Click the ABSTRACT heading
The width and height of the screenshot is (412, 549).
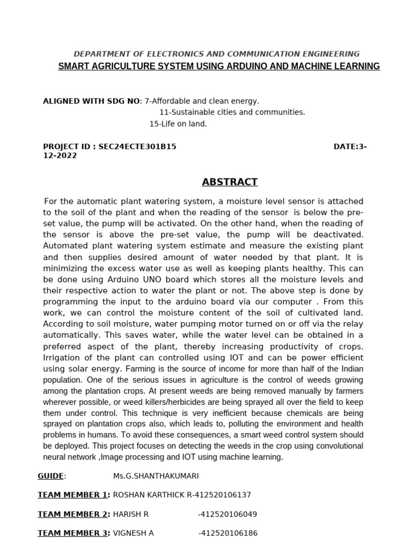point(230,182)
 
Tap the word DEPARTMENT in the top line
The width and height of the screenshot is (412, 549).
point(100,54)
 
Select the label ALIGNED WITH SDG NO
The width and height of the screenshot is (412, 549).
point(91,101)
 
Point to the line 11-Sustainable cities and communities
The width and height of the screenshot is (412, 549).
point(232,112)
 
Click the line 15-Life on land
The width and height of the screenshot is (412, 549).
point(178,124)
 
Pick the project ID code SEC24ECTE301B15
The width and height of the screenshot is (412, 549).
point(137,146)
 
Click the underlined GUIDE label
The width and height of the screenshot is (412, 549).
point(50,476)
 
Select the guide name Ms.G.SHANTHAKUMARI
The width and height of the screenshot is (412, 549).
point(152,476)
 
